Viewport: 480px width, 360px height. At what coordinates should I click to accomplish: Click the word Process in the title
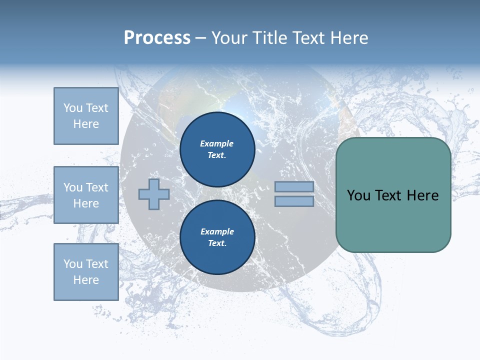(x=157, y=38)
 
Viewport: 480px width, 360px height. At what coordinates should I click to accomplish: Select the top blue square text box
(x=86, y=116)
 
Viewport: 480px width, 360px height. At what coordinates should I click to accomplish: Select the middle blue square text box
(x=86, y=195)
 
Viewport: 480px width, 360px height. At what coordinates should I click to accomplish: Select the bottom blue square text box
(x=86, y=272)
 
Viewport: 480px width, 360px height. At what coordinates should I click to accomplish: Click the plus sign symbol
(x=154, y=194)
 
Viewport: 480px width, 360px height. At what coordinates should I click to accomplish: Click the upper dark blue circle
(x=217, y=149)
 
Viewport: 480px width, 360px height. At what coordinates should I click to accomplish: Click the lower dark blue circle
(x=217, y=237)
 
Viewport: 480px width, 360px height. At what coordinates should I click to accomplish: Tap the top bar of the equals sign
(x=294, y=186)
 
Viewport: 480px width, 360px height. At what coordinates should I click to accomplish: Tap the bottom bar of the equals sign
(x=294, y=201)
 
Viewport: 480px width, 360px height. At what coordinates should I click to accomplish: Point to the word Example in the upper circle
(x=217, y=143)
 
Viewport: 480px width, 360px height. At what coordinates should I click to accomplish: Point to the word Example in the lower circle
(x=217, y=231)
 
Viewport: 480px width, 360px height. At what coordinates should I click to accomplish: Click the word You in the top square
(x=73, y=108)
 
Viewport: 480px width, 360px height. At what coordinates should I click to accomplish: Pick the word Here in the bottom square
(x=86, y=280)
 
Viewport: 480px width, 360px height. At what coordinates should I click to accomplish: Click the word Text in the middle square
(x=97, y=187)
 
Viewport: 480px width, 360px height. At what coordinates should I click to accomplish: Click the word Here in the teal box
(x=422, y=195)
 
